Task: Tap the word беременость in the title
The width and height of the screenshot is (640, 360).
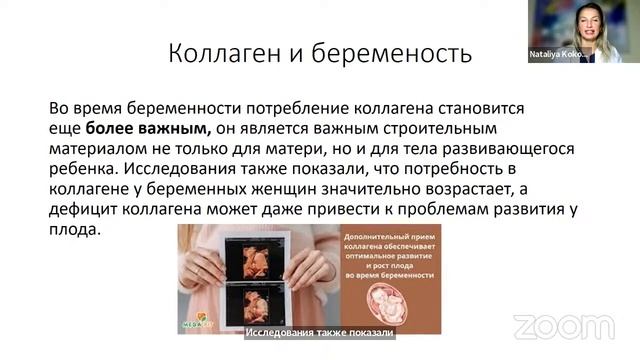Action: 386,52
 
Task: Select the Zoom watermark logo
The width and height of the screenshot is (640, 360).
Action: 550,326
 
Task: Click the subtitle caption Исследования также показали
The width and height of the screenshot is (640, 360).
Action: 320,333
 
